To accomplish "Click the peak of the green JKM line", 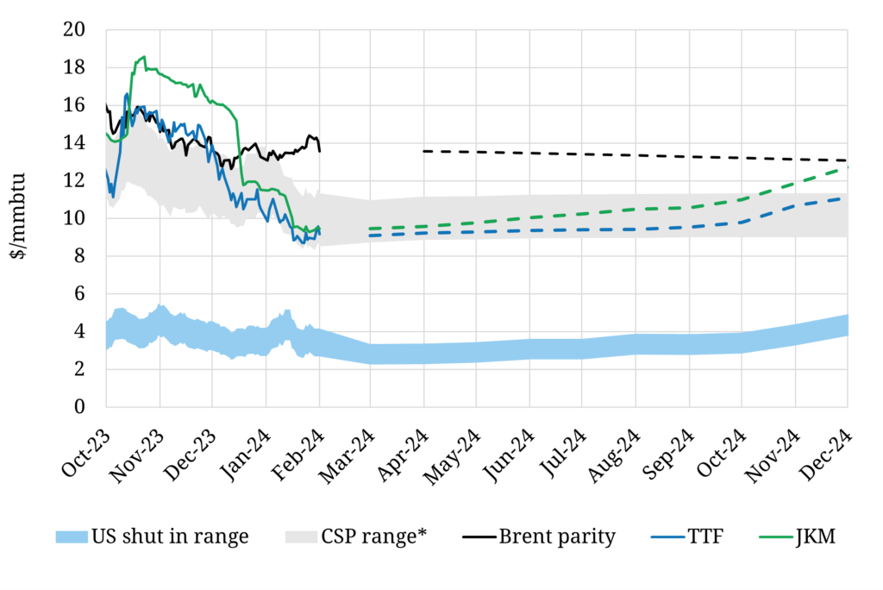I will point(144,57).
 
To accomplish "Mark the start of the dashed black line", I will point(424,151).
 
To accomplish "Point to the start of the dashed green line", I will point(370,229).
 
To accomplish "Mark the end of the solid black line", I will point(320,151).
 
